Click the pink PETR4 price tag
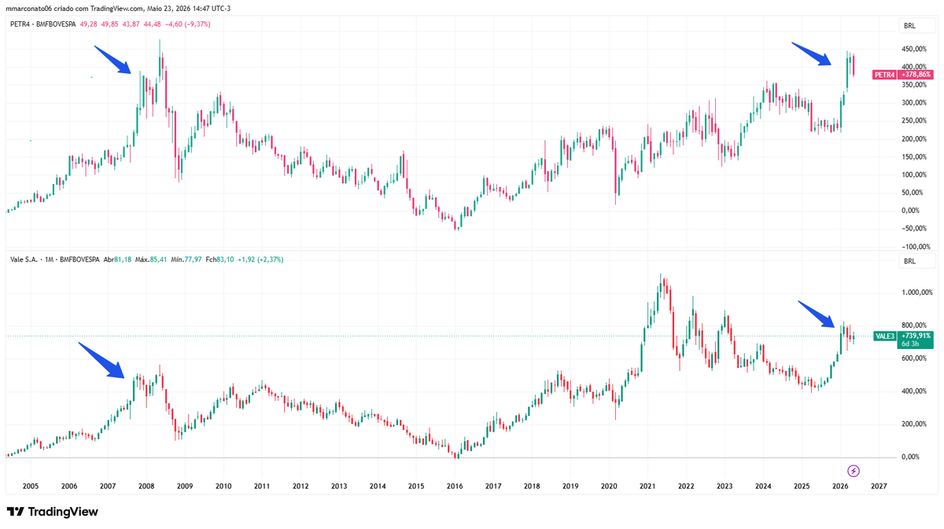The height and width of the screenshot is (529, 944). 884,75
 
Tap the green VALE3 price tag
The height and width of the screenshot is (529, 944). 885,336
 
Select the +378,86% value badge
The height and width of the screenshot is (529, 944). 915,75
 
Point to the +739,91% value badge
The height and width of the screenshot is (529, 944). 916,336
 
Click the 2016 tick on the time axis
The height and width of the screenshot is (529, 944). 455,486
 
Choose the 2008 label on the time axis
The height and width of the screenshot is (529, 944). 146,486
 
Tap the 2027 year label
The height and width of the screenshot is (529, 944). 879,486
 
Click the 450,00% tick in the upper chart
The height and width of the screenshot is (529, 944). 914,50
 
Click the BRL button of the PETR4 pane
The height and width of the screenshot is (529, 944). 910,26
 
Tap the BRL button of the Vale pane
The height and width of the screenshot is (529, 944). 910,261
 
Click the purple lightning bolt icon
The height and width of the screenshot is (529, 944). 854,471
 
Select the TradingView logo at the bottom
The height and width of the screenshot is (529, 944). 53,512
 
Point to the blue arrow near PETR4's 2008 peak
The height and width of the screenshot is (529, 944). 112,60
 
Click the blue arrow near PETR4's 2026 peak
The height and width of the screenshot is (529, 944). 811,53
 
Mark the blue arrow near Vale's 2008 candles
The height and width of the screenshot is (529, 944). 101,360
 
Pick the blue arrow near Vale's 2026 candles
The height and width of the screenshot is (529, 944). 816,314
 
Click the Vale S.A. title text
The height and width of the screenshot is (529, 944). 24,259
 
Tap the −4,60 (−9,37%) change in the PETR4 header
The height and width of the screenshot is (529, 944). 187,24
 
